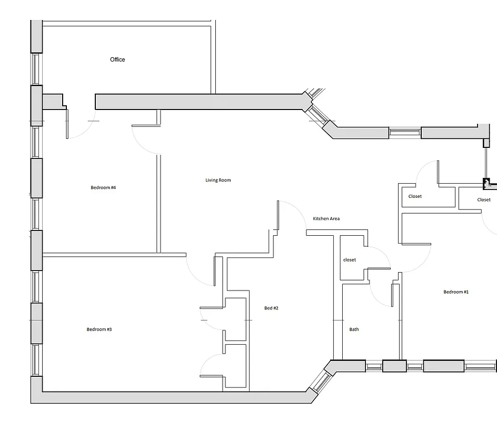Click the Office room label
(117, 59)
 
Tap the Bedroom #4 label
(103, 188)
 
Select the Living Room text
(218, 180)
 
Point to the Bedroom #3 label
(99, 329)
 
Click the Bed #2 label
(271, 308)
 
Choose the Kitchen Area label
(326, 218)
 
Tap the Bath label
(354, 329)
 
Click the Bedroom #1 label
(456, 292)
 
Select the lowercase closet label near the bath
(350, 260)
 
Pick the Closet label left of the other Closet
(415, 196)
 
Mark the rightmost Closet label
(484, 200)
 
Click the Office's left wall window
(36, 69)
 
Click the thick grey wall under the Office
(200, 102)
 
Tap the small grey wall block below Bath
(394, 366)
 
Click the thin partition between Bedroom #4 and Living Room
(158, 203)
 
